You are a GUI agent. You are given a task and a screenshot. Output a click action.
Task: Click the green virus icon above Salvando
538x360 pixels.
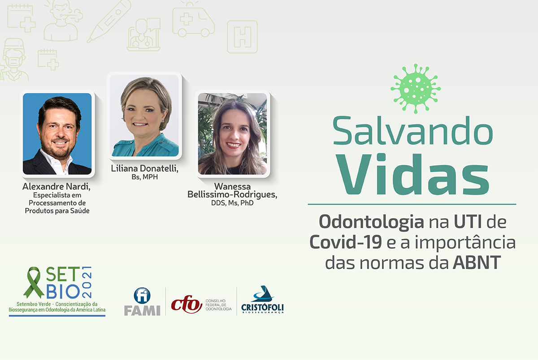[x=416, y=89]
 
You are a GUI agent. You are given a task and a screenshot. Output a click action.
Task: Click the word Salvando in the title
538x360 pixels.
[x=413, y=130]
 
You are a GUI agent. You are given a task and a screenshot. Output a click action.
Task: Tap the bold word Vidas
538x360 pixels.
[x=412, y=173]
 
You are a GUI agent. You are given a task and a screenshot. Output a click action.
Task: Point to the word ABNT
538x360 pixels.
[x=477, y=263]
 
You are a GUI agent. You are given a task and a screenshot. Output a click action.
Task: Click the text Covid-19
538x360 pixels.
[x=346, y=242]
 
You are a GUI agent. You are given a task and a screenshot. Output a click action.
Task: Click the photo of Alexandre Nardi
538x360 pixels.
[x=57, y=134]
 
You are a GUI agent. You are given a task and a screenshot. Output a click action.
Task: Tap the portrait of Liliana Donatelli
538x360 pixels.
[x=144, y=116]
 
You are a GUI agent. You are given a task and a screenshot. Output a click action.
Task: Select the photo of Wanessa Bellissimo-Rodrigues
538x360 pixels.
[x=232, y=134]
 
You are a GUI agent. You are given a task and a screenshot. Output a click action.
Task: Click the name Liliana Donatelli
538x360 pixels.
[x=144, y=169]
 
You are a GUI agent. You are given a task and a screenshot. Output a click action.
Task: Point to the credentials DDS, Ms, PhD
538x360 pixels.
[x=232, y=203]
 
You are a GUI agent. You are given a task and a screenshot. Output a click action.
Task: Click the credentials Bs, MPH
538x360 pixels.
[x=144, y=177]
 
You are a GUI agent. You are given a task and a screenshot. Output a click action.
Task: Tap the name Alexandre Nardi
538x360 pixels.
[x=56, y=187]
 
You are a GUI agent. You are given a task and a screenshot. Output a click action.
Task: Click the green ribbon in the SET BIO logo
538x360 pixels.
[x=34, y=282]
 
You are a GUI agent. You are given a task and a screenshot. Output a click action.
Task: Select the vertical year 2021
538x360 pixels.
[x=87, y=282]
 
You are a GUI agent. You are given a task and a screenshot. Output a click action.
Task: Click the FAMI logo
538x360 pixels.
[x=142, y=302]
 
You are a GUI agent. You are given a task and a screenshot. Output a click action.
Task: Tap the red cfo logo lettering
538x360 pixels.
[x=187, y=304]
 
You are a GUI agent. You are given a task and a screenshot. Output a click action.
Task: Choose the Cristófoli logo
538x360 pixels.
[x=263, y=299]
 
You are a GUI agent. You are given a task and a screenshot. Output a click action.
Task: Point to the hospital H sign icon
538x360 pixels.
[x=243, y=37]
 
